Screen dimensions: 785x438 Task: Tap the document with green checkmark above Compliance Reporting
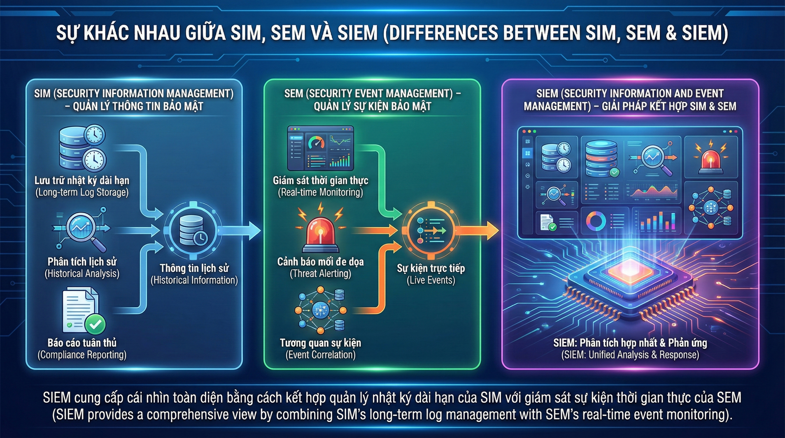(x=84, y=312)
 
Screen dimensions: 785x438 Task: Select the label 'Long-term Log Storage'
(x=82, y=192)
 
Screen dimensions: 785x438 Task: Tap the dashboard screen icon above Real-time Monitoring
(x=321, y=148)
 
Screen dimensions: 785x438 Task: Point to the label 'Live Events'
(x=431, y=280)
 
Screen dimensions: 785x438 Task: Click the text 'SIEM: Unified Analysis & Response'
(x=630, y=355)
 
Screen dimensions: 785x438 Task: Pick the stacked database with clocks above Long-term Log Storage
(x=82, y=148)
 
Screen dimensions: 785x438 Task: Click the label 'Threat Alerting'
(x=320, y=273)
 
